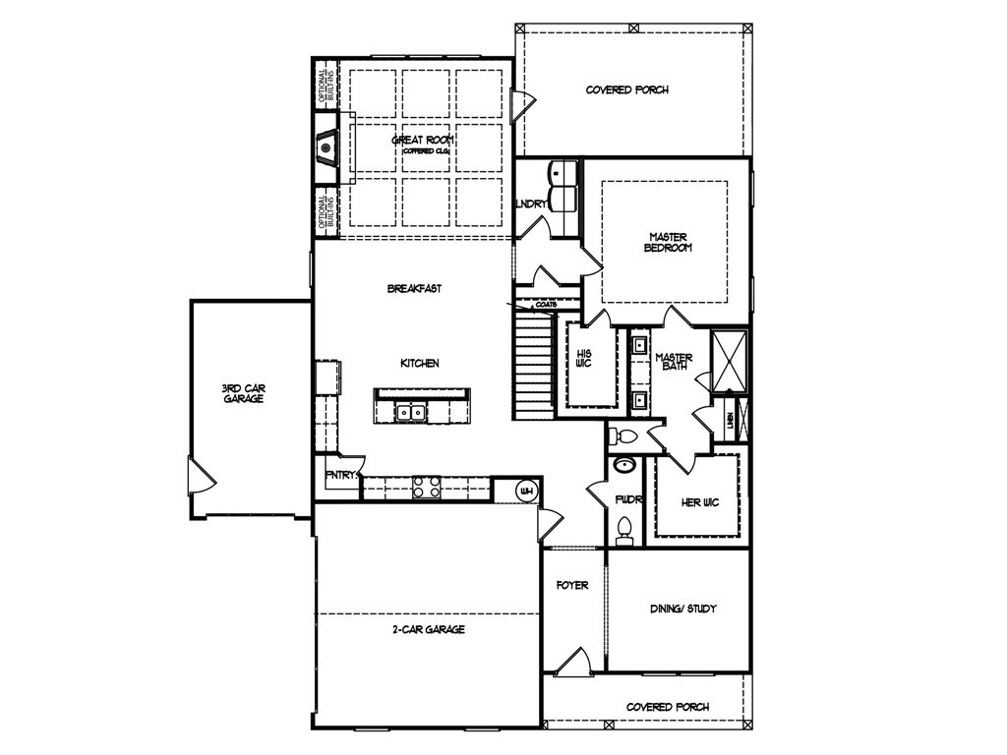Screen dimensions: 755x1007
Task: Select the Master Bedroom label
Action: [668, 242]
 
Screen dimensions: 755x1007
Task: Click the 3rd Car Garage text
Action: [242, 393]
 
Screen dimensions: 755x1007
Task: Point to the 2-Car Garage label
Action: [427, 629]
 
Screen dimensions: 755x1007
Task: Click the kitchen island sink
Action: [410, 412]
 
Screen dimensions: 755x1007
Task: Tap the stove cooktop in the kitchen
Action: [425, 485]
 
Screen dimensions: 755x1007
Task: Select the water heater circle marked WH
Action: [525, 491]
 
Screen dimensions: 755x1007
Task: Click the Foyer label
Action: [572, 585]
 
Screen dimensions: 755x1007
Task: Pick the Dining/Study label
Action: [684, 609]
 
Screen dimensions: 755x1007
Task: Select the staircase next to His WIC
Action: [534, 364]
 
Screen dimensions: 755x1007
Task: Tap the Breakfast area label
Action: [413, 288]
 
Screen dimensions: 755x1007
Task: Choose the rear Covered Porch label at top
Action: [626, 90]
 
